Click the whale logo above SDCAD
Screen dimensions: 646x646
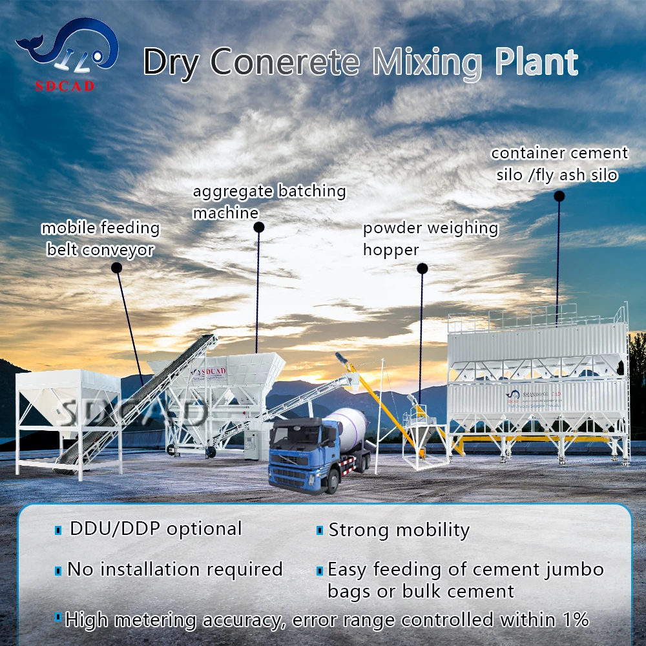[67, 49]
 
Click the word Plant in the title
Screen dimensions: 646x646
[536, 63]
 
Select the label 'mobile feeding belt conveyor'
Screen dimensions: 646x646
[100, 238]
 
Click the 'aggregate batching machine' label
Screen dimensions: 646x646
[269, 201]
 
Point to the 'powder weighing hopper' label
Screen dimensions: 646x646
[430, 238]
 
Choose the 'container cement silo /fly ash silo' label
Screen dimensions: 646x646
[559, 163]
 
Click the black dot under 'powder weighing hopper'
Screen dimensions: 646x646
[422, 268]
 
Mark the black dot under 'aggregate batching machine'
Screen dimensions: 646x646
[258, 227]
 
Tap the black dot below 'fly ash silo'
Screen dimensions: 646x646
[559, 195]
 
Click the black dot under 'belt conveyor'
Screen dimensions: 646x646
[116, 267]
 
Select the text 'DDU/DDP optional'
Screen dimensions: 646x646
[155, 528]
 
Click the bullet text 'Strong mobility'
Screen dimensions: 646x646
[399, 530]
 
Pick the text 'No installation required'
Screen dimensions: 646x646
[175, 569]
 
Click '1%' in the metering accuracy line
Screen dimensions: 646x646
[574, 620]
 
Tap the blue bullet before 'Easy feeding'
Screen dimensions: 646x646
[319, 570]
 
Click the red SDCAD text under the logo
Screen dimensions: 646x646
[65, 86]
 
